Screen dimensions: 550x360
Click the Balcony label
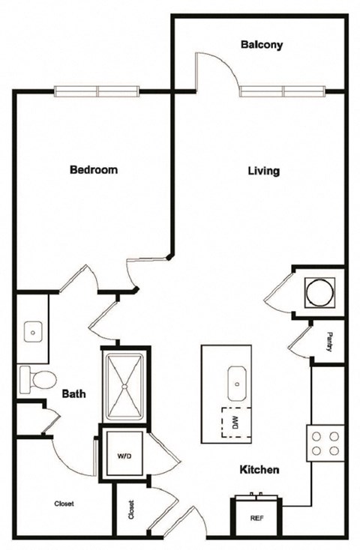tap(262, 45)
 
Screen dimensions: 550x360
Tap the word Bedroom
tap(94, 170)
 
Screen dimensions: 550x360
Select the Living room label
tap(264, 171)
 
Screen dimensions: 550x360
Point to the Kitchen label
tap(259, 470)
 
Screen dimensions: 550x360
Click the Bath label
tap(73, 393)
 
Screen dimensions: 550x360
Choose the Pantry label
tap(329, 342)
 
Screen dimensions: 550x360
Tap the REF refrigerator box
tap(255, 517)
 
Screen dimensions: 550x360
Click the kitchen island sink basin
tap(237, 384)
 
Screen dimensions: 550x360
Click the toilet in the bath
tap(34, 378)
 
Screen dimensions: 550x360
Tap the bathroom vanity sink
tap(34, 330)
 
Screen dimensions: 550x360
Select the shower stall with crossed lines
tap(125, 384)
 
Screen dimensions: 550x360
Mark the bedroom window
tap(97, 91)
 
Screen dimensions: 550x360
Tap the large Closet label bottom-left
tap(64, 504)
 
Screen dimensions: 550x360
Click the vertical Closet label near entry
tap(130, 510)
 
